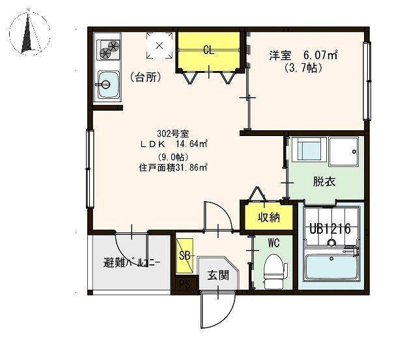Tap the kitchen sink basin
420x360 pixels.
click(x=109, y=85)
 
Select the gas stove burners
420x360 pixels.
click(x=108, y=50)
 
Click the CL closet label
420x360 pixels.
click(x=208, y=50)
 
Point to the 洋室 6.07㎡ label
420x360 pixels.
click(x=303, y=56)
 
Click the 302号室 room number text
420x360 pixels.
click(x=173, y=133)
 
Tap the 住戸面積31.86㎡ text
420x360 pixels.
click(x=173, y=168)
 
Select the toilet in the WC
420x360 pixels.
click(x=275, y=271)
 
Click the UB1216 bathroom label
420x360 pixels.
click(x=330, y=229)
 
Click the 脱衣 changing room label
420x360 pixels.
click(x=324, y=182)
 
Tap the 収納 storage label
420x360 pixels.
click(x=269, y=217)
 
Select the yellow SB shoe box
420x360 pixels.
click(x=185, y=256)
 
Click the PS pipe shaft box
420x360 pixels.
click(x=185, y=283)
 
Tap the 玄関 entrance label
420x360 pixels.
click(x=218, y=275)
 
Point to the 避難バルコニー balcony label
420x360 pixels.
click(x=132, y=263)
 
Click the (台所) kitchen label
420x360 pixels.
click(x=146, y=77)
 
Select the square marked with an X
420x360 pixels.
click(x=160, y=46)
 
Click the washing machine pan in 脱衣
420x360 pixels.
click(x=343, y=152)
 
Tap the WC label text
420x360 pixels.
click(x=273, y=243)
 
